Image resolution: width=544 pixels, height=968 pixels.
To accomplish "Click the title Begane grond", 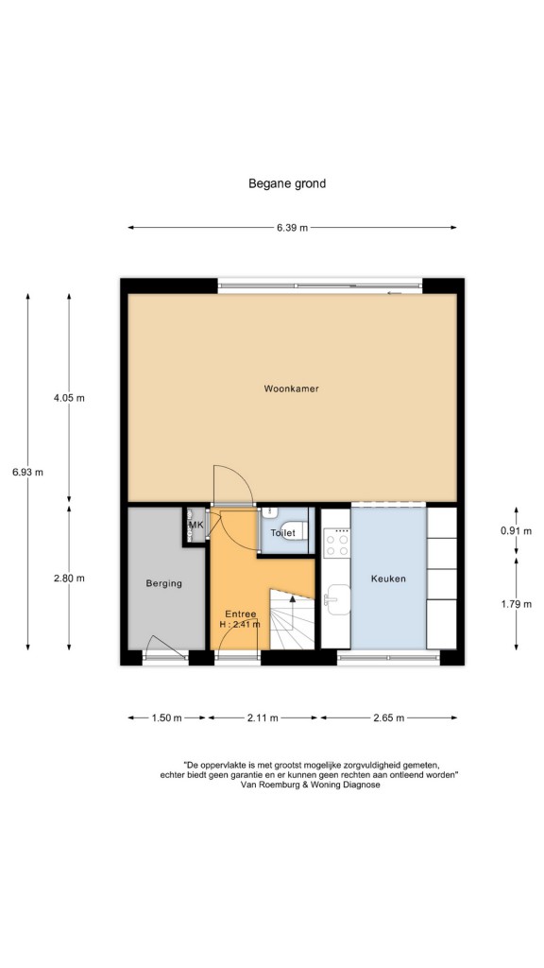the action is [x=287, y=183].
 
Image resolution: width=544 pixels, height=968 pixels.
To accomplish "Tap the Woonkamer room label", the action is [x=291, y=389].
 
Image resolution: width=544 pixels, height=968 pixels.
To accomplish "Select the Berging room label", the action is [x=164, y=583].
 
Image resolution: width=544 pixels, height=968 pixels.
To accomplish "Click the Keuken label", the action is [x=388, y=579].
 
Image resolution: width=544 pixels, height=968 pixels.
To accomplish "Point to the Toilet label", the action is [x=283, y=532].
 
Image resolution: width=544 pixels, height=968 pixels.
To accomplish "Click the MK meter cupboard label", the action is [x=196, y=526].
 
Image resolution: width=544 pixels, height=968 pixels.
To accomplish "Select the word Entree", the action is [x=241, y=614].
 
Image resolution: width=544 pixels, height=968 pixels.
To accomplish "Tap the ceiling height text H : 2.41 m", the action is [x=240, y=624].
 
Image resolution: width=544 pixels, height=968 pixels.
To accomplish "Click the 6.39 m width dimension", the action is [x=293, y=227].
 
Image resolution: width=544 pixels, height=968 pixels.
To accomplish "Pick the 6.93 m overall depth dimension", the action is [x=27, y=473].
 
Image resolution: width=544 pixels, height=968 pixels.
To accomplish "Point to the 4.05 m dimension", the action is [x=69, y=398].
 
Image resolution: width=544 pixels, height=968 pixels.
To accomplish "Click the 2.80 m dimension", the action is [x=69, y=579].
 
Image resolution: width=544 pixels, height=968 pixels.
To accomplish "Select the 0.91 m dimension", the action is [x=517, y=531].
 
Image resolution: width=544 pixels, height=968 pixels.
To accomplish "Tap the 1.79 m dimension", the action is [x=517, y=604].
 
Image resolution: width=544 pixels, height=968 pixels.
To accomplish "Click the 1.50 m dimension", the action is [x=166, y=717].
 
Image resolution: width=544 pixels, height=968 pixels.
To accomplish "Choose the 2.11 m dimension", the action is [x=263, y=717].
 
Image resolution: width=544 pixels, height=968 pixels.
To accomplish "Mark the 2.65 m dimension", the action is [x=388, y=717].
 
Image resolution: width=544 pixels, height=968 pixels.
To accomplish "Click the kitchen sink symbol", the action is [x=337, y=599].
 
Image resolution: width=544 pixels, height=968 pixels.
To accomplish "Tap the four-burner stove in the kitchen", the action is [x=337, y=544].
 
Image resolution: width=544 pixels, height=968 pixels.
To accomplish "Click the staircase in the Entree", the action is [x=293, y=619].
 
